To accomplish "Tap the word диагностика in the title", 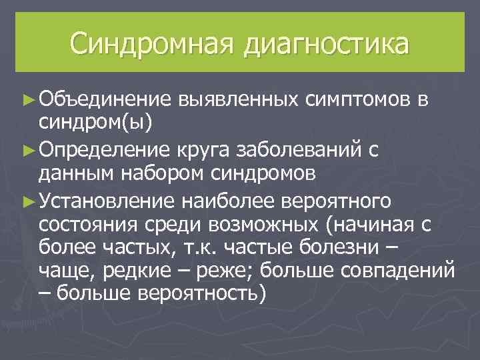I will [x=326, y=45].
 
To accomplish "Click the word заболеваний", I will [x=301, y=149].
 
